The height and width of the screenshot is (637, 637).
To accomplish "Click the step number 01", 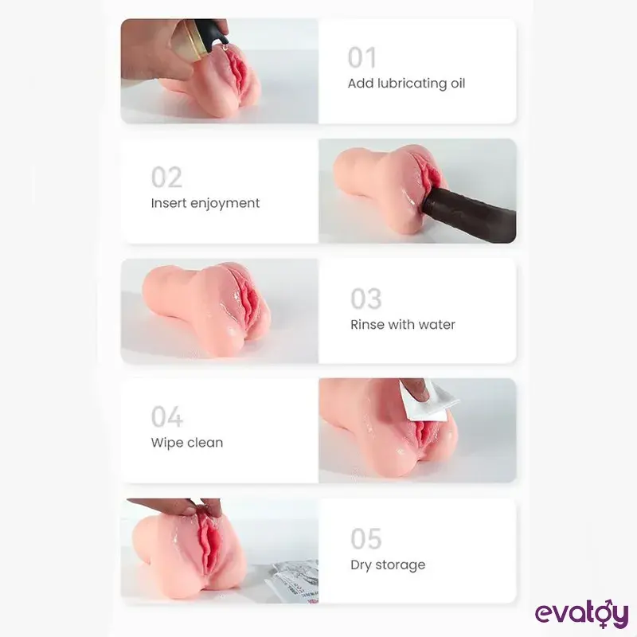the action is click(362, 57).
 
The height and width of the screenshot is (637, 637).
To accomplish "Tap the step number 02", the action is click(166, 177).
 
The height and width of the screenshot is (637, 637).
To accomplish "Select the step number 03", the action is click(366, 299).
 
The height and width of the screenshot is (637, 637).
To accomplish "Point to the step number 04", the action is click(167, 416).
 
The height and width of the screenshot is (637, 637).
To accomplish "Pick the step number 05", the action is click(366, 539).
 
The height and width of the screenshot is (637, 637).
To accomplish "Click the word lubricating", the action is click(412, 84).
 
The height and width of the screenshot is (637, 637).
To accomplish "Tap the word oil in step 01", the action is click(458, 83).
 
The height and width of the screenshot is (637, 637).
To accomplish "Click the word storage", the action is click(401, 565).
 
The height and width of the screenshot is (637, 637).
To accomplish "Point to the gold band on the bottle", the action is click(191, 38).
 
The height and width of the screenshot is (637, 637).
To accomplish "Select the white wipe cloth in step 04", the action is click(427, 401).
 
